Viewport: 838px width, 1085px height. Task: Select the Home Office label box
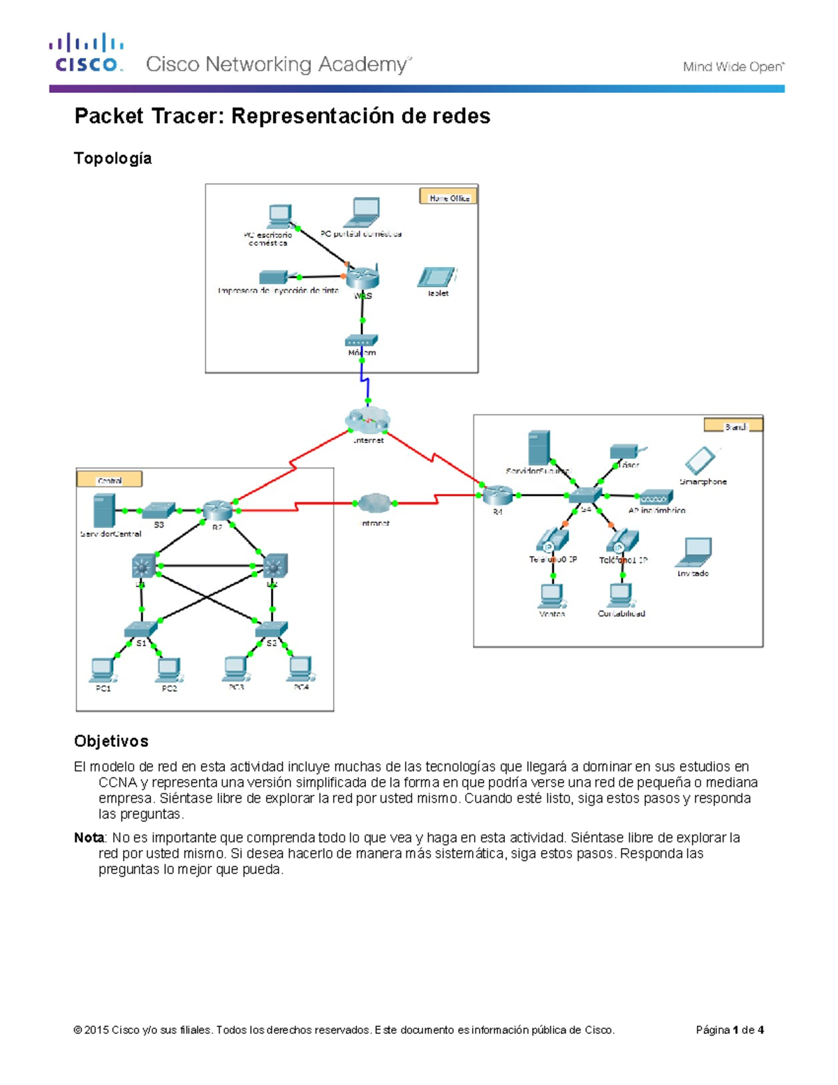click(x=448, y=197)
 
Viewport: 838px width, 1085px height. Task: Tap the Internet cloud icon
click(x=367, y=421)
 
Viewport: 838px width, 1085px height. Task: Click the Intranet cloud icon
click(x=375, y=503)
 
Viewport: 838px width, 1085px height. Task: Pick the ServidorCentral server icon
click(x=103, y=511)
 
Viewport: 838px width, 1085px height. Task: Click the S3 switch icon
click(x=159, y=510)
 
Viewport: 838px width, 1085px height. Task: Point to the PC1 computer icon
click(x=103, y=669)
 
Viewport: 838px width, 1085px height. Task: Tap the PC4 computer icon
click(x=300, y=669)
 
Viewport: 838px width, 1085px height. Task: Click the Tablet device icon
click(x=436, y=277)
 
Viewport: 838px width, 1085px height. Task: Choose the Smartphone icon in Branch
click(x=700, y=461)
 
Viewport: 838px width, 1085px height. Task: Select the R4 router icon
click(x=497, y=495)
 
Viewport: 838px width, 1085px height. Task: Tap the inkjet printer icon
click(x=274, y=277)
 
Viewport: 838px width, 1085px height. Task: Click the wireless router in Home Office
click(x=362, y=277)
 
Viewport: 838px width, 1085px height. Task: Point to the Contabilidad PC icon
click(x=620, y=596)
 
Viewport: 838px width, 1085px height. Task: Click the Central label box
click(x=110, y=479)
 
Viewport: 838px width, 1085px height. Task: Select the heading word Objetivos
click(x=111, y=741)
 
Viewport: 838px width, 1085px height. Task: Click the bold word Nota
click(x=89, y=837)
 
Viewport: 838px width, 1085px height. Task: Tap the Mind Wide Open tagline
click(x=733, y=67)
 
